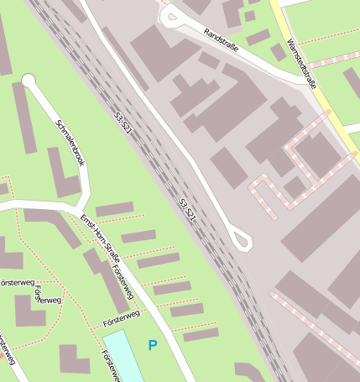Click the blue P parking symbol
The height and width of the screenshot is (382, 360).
[152, 344]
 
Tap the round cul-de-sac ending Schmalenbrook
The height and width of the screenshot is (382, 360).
[29, 81]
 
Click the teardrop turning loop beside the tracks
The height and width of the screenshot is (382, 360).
[242, 240]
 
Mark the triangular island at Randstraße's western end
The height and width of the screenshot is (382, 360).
[170, 15]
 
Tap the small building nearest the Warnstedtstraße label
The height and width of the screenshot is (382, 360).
[279, 52]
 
